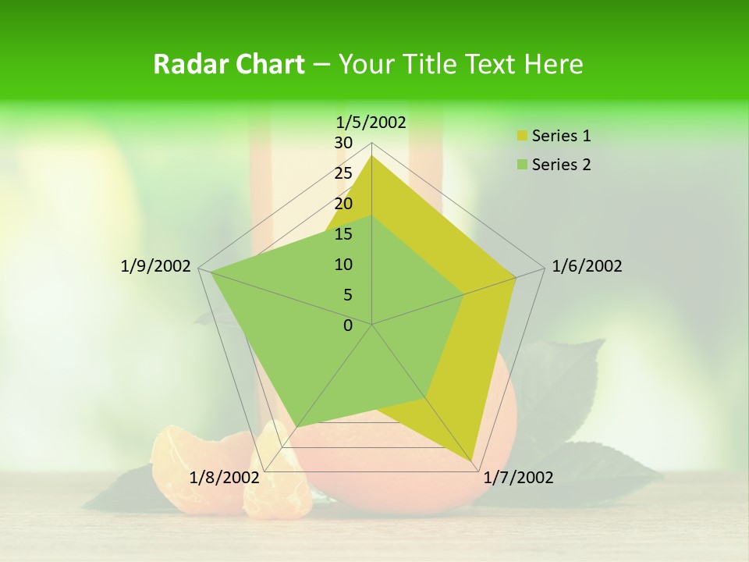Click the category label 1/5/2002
pos(371,122)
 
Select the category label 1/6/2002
pos(587,266)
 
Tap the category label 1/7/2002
pos(518,478)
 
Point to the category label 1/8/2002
pos(224,478)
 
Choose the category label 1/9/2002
pos(155,266)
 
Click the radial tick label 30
pos(343,143)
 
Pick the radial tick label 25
pos(343,173)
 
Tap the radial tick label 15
pos(343,234)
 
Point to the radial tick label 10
pos(343,265)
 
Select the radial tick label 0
pos(348,325)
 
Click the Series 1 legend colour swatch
pos(523,136)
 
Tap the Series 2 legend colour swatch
pos(523,165)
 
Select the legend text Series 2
pos(561,165)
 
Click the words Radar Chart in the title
pos(229,64)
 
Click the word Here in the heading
pos(554,64)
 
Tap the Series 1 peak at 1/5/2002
pos(371,156)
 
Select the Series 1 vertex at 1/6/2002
pos(515,277)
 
